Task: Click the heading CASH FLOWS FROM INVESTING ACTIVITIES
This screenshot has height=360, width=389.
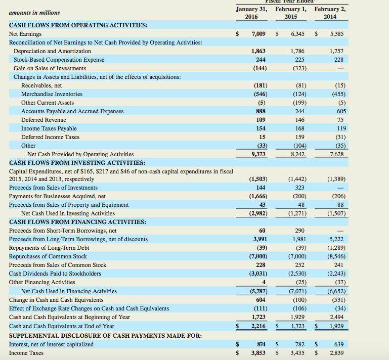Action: (77, 162)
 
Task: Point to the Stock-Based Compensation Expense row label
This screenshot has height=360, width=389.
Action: (59, 60)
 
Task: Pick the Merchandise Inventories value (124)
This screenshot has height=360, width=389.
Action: (297, 94)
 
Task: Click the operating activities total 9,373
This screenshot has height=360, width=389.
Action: (258, 154)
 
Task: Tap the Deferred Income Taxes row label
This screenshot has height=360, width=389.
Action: (50, 137)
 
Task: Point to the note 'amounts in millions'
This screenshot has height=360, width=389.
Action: (34, 13)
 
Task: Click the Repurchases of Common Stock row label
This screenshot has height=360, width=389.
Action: (48, 256)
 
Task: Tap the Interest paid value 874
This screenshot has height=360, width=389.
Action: (260, 344)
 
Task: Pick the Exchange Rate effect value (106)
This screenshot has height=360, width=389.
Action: (297, 308)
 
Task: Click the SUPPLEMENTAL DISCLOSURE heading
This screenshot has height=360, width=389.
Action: (105, 336)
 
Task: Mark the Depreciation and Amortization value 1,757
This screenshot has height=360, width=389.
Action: (336, 51)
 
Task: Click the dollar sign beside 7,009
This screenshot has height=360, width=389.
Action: (237, 34)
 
